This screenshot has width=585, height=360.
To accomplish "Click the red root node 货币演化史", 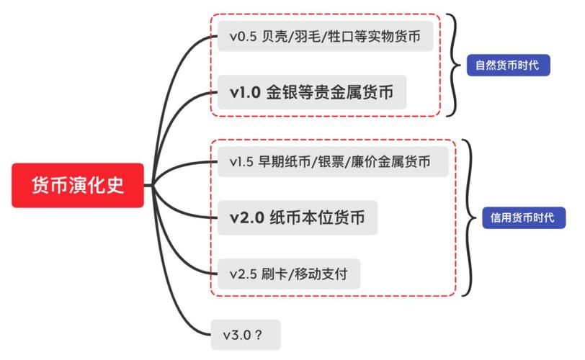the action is pyautogui.click(x=78, y=185).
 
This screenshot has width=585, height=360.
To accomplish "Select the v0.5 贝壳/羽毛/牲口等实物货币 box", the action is pyautogui.click(x=326, y=36).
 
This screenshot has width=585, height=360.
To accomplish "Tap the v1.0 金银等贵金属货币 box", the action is pyautogui.click(x=312, y=92).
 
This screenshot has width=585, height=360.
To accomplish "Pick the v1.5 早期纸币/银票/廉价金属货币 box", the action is pyautogui.click(x=333, y=162).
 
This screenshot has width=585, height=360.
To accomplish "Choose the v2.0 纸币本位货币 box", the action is pyautogui.click(x=298, y=217).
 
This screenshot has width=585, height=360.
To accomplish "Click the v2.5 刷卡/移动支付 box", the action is pyautogui.click(x=289, y=274).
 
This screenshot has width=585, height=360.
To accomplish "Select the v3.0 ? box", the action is pyautogui.click(x=246, y=335).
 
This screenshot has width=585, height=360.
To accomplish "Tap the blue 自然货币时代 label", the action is pyautogui.click(x=508, y=66).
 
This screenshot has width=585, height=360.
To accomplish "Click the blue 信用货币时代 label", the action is pyautogui.click(x=524, y=217).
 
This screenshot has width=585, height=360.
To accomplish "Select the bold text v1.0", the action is pyautogui.click(x=245, y=92).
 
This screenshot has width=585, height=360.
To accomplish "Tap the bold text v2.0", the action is pyautogui.click(x=247, y=218).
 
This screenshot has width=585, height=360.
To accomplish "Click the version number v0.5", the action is pyautogui.click(x=244, y=37).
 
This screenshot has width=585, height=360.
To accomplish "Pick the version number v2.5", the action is pyautogui.click(x=244, y=274).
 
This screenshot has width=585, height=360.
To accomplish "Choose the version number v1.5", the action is pyautogui.click(x=242, y=162).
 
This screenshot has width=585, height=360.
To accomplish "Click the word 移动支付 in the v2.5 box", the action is pyautogui.click(x=321, y=274).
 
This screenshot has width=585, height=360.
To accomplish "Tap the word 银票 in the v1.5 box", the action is pyautogui.click(x=331, y=162).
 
